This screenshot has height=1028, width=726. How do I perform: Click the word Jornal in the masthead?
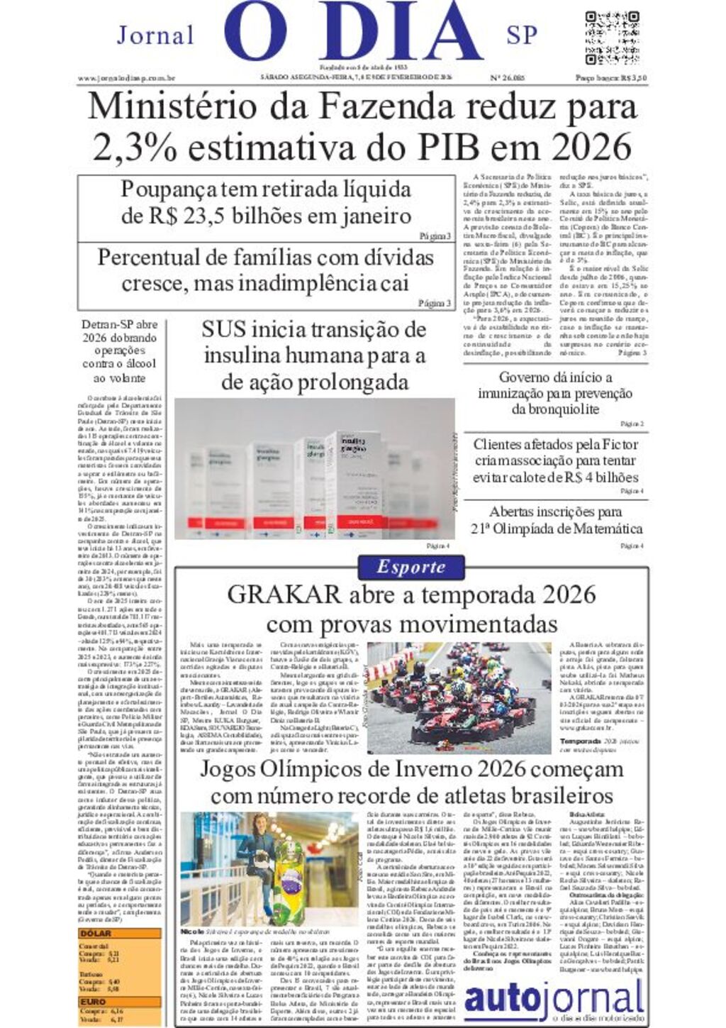(x=155, y=35)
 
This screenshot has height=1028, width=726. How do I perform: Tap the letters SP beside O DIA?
(x=522, y=35)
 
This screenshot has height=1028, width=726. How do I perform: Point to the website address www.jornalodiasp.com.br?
(x=126, y=78)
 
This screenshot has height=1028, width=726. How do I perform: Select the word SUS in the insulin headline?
(x=225, y=329)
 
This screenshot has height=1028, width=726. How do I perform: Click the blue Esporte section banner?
(x=411, y=567)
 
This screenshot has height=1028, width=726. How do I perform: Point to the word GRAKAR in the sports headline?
(x=283, y=595)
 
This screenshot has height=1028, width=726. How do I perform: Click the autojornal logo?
(x=554, y=998)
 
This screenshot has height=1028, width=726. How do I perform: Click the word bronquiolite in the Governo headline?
(x=554, y=409)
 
